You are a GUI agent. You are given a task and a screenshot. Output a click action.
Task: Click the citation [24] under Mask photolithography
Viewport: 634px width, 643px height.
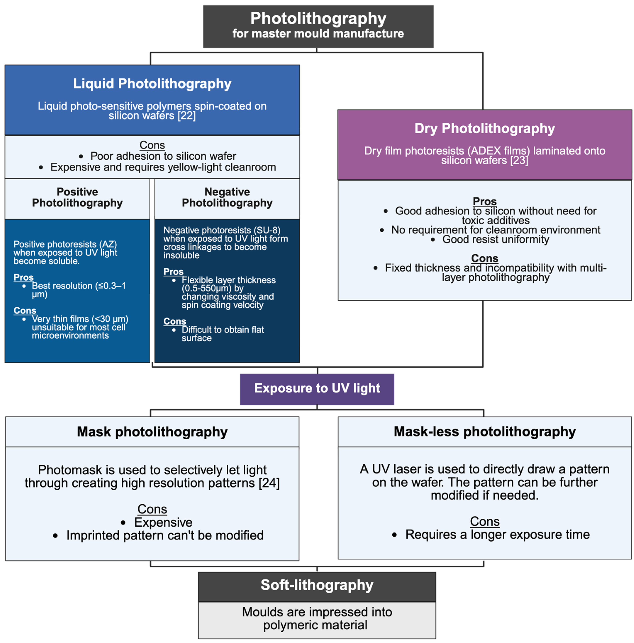coord(269,483)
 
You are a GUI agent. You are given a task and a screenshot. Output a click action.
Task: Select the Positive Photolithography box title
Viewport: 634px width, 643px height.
coord(77,197)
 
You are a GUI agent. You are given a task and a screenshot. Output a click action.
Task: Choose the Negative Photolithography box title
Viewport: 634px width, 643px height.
coord(227,197)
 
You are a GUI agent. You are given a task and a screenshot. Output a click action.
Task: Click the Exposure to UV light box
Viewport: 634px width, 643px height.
coord(317,388)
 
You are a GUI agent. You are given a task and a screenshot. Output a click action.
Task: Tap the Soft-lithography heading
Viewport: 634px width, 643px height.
coord(317,585)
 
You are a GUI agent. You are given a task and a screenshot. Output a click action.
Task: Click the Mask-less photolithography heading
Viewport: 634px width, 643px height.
coord(485,432)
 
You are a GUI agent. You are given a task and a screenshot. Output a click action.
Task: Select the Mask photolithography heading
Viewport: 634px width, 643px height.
coord(152,432)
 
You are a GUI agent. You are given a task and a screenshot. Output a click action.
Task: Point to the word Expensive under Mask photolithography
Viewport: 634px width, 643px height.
coord(163,522)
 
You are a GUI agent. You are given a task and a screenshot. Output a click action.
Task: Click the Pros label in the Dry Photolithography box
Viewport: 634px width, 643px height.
coord(485,201)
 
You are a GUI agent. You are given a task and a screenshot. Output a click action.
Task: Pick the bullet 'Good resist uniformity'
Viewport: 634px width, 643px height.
coord(496,240)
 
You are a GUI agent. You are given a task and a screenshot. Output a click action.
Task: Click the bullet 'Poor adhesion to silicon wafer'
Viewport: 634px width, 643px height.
coord(163,156)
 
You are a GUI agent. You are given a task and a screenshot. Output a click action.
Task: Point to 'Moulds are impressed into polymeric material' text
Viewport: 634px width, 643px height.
coord(317,618)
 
